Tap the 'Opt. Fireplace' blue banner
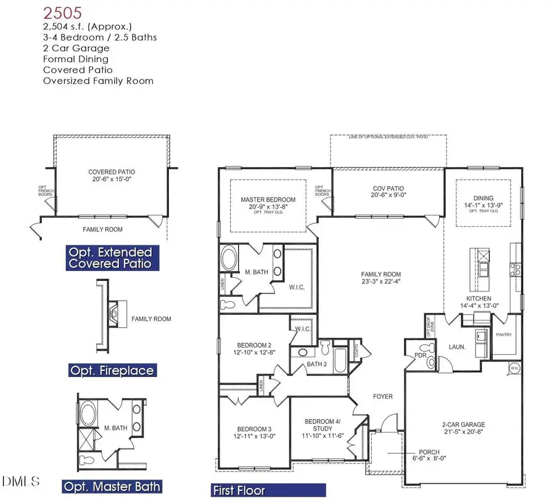[112, 370]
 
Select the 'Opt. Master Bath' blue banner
[112, 487]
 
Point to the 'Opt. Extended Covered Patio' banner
[112, 258]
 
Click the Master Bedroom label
[268, 200]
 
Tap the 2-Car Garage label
[464, 425]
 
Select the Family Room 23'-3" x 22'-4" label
[380, 274]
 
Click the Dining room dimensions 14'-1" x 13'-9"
[483, 205]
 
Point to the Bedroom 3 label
[254, 429]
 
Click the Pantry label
[504, 335]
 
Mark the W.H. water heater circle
[514, 368]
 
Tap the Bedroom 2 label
[254, 345]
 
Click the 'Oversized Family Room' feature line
[98, 81]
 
